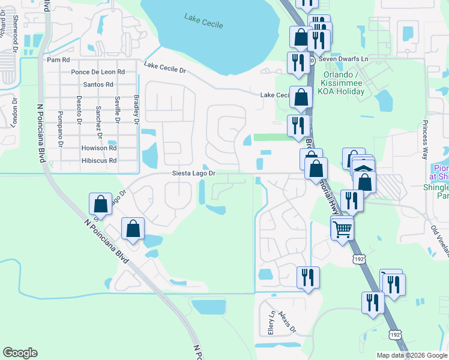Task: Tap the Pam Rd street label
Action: click(x=58, y=60)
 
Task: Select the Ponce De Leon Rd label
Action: click(x=97, y=72)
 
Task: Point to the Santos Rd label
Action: click(x=98, y=85)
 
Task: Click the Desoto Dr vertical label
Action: click(x=79, y=110)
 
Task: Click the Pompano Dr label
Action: click(x=60, y=129)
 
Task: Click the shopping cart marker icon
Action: click(x=342, y=228)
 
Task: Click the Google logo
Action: click(x=20, y=353)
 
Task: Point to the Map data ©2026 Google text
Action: click(x=412, y=355)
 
